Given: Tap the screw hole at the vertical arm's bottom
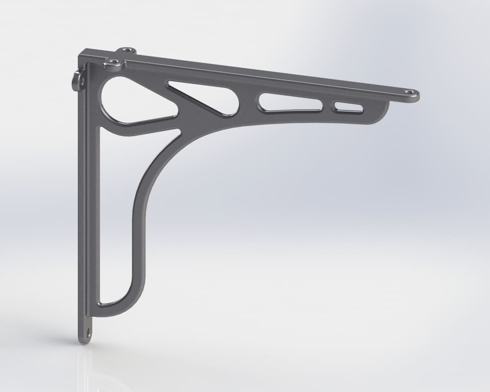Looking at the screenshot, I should click(x=88, y=333).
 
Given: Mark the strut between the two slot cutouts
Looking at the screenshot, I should click(x=327, y=105).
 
